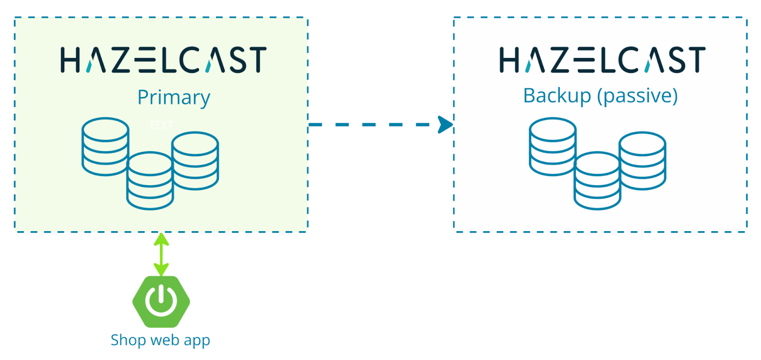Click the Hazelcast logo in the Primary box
pos(163,60)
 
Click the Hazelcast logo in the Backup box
pos(602,60)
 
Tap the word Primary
pos(174,97)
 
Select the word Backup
pos(557,96)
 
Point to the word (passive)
pos(637,96)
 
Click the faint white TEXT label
pos(161,125)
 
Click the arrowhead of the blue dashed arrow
pos(446,125)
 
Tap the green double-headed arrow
pos(161,254)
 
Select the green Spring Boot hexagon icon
pos(161,302)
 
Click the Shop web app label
pos(160,340)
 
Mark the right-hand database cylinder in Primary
pos(195,161)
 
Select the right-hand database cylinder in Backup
pos(643,161)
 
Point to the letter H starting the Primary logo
pos(69,60)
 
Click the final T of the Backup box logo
pos(697,60)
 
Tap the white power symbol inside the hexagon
pos(161,301)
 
